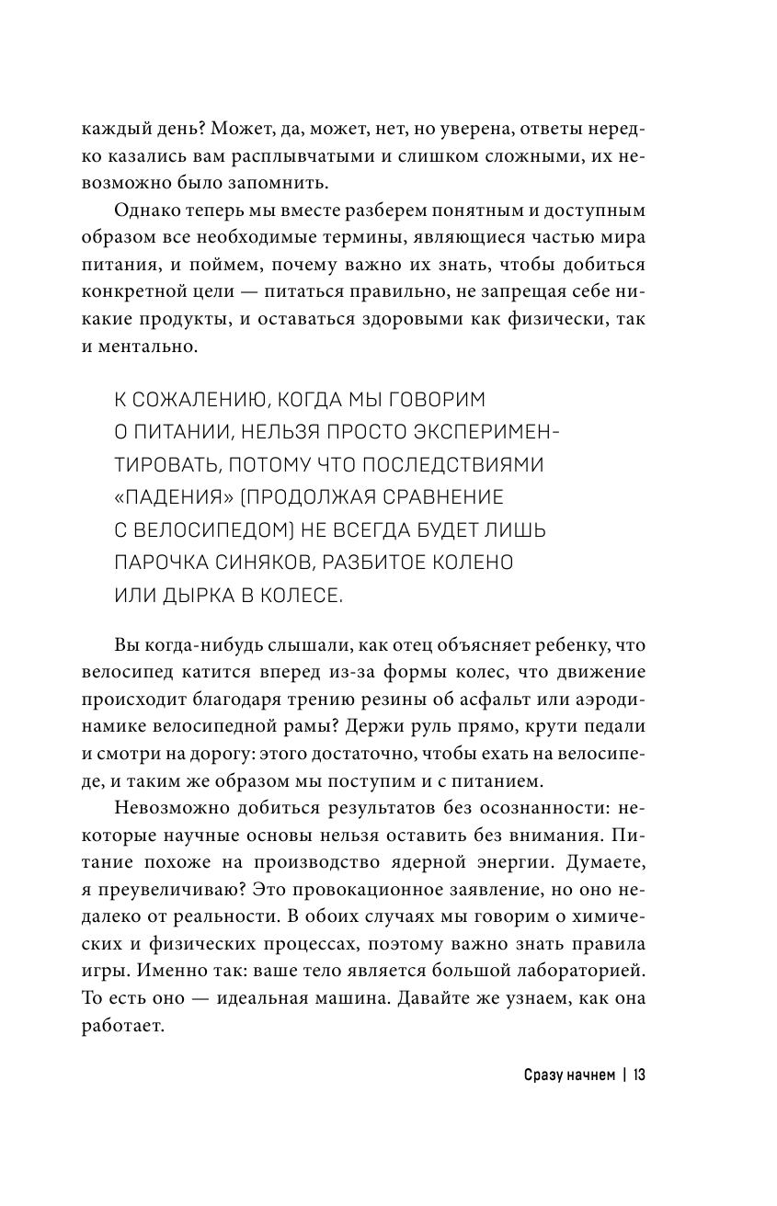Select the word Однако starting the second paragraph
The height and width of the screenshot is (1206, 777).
tap(145, 207)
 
